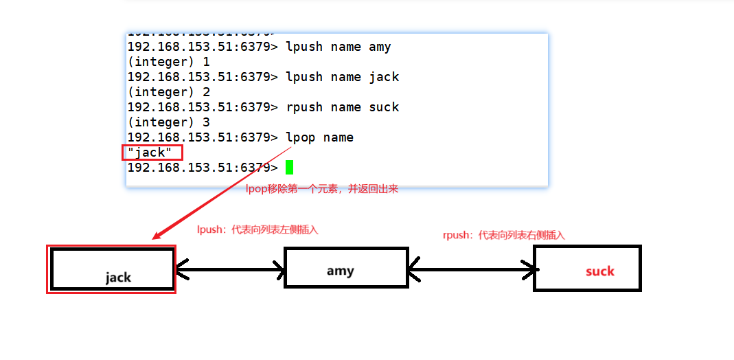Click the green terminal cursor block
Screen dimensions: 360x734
[x=289, y=167]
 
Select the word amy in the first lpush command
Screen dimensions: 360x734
[x=380, y=47]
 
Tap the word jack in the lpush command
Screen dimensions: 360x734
[x=383, y=77]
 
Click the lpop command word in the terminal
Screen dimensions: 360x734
[x=300, y=137]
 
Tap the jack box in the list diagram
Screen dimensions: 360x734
[x=112, y=269]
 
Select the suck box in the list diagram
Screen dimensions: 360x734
[x=587, y=268]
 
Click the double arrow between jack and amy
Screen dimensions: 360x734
[x=230, y=269]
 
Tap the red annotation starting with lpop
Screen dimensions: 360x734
[x=321, y=189]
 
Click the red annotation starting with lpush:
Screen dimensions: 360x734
[x=257, y=230]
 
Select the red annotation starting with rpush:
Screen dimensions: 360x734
[x=504, y=235]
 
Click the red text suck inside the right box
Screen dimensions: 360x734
[x=599, y=271]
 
